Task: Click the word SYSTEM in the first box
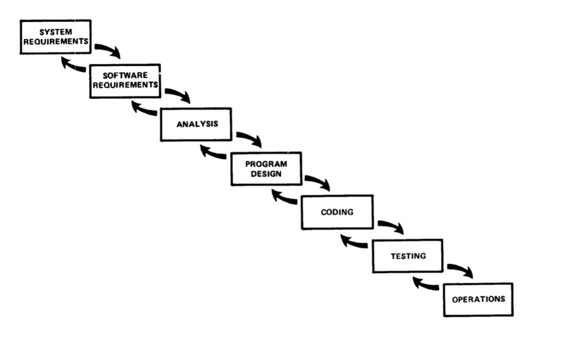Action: [x=55, y=32]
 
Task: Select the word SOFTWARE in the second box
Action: [x=125, y=76]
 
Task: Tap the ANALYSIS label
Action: [x=198, y=124]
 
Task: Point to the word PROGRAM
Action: [x=266, y=164]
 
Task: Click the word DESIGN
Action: [x=266, y=174]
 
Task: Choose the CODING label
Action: [x=337, y=212]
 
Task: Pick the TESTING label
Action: [x=408, y=256]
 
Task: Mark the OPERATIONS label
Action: [x=478, y=300]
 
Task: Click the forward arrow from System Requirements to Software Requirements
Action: [x=108, y=49]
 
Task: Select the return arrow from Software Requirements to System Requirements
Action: [x=73, y=65]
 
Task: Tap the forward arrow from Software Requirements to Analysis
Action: [x=179, y=93]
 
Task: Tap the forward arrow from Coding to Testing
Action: [x=391, y=225]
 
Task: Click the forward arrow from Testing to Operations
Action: [x=461, y=269]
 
